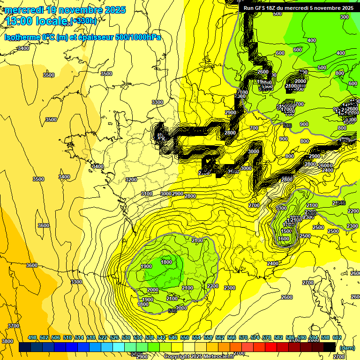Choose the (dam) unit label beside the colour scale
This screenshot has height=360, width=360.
[x=347, y=348]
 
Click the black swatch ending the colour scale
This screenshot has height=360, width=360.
[x=330, y=347]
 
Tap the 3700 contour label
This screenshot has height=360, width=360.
[x=14, y=326]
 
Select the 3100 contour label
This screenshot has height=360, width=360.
[x=147, y=194]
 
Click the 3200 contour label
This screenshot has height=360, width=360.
[x=131, y=180]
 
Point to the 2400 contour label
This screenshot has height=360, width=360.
[x=273, y=264]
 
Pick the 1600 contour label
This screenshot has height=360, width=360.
[x=284, y=239]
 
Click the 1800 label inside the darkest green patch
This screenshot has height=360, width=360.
[x=166, y=262]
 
